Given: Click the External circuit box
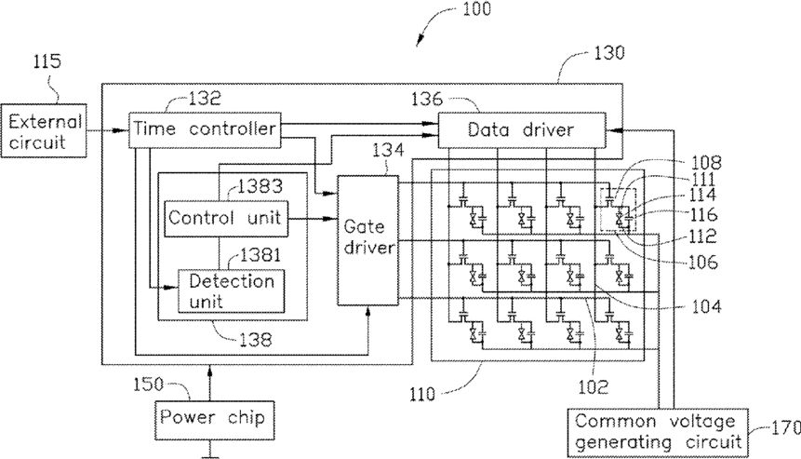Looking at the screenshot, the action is [x=44, y=131].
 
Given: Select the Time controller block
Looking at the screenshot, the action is [x=205, y=130].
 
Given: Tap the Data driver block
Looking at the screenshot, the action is [x=522, y=130].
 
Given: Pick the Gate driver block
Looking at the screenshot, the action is [x=367, y=240].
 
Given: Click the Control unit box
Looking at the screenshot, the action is [x=226, y=218].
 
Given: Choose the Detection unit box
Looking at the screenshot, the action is [x=231, y=290].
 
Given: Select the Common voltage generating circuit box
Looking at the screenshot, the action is [x=658, y=432].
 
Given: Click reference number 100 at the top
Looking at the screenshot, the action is [x=476, y=9].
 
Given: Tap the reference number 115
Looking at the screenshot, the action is [x=47, y=61].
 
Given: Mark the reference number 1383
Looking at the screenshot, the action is [x=260, y=186].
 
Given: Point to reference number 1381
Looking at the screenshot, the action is [x=260, y=254].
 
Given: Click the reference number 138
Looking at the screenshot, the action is [x=256, y=340].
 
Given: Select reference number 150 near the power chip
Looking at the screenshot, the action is [x=148, y=384].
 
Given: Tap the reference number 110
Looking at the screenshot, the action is [x=422, y=394].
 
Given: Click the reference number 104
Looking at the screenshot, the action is [x=706, y=306].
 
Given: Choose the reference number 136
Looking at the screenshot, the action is [x=427, y=99].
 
